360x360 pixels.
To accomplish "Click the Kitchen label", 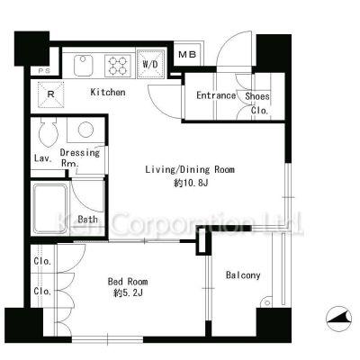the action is (x=108, y=92).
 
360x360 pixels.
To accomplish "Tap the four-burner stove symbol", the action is (x=118, y=66).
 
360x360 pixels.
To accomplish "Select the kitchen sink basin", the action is (x=83, y=66).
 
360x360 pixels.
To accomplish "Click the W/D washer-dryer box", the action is (x=151, y=64).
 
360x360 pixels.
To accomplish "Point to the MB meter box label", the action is (x=187, y=54).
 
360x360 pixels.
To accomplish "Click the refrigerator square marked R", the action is (x=50, y=94).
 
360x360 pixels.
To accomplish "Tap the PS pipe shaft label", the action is (x=44, y=71).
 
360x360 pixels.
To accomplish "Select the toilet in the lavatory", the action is (x=48, y=131).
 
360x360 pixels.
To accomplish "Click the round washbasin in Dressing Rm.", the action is (x=85, y=130).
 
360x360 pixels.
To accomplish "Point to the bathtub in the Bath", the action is (x=50, y=209).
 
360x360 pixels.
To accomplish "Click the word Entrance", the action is (x=216, y=95).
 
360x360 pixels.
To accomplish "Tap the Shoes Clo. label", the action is (x=257, y=103).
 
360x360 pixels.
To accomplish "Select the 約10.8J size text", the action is (x=191, y=183).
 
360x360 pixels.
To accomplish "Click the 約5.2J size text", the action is (x=128, y=292).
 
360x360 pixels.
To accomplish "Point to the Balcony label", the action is (x=243, y=275).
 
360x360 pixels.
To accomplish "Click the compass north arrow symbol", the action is (x=339, y=319).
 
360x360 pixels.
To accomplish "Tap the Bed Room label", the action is (x=128, y=282).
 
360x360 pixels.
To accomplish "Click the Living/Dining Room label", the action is (x=190, y=169).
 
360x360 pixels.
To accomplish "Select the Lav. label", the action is (x=43, y=158).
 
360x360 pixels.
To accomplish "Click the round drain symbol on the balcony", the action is (x=266, y=302).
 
